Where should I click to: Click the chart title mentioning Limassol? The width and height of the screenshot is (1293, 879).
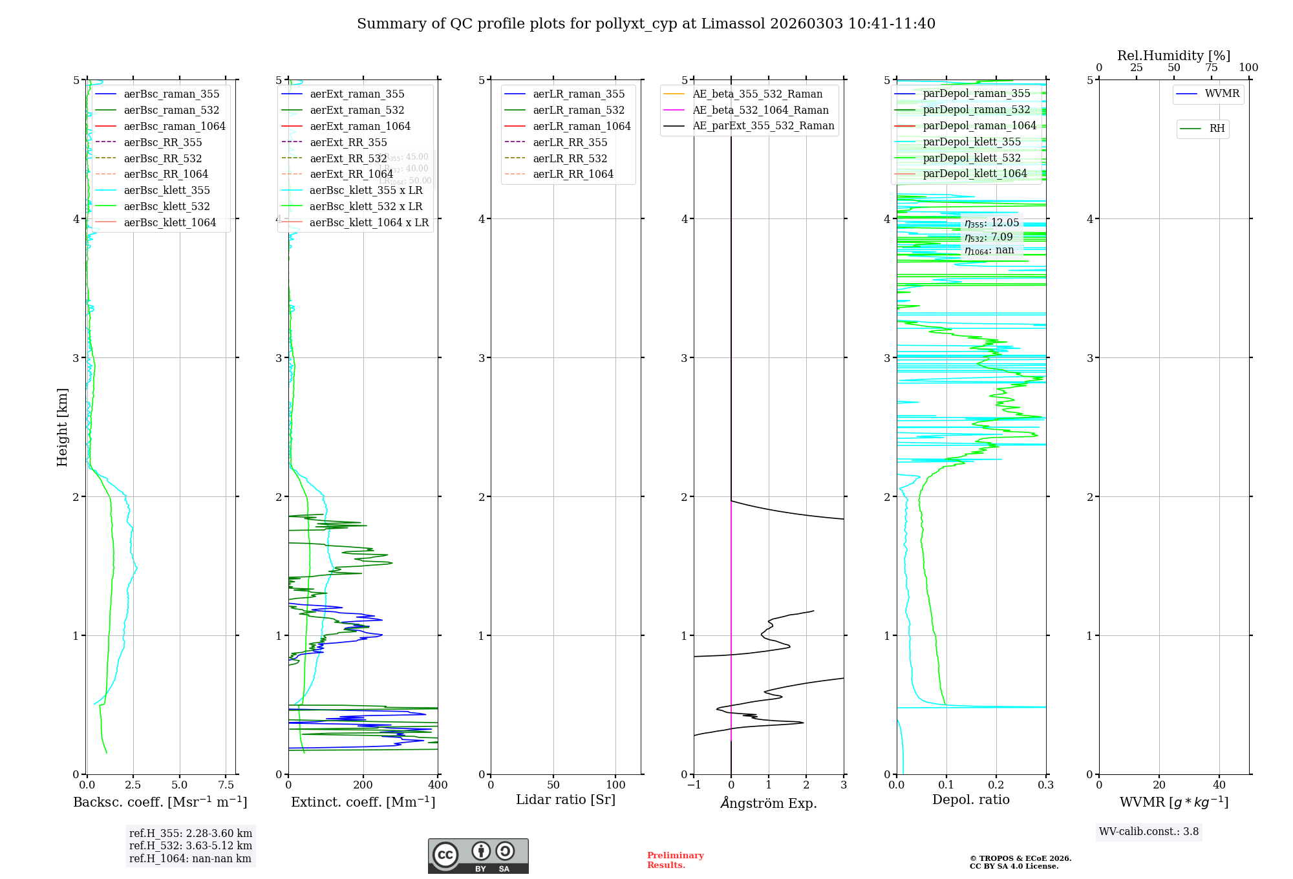pyautogui.click(x=646, y=24)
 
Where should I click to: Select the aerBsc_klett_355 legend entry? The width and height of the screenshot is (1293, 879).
pyautogui.click(x=167, y=191)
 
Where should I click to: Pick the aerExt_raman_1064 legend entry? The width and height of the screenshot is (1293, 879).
pyautogui.click(x=360, y=127)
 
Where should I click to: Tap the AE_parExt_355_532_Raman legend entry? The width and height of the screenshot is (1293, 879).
pyautogui.click(x=763, y=126)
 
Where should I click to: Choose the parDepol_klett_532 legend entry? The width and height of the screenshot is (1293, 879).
pyautogui.click(x=972, y=158)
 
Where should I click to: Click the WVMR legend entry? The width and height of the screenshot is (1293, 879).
pyautogui.click(x=1221, y=94)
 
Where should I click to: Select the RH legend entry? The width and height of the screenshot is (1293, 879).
pyautogui.click(x=1217, y=129)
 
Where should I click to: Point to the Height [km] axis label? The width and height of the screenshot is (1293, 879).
pyautogui.click(x=62, y=427)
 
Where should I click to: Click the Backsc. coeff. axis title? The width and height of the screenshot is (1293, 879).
pyautogui.click(x=160, y=802)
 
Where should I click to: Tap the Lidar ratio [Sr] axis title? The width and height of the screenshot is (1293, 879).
pyautogui.click(x=566, y=800)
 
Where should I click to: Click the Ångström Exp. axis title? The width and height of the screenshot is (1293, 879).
pyautogui.click(x=769, y=803)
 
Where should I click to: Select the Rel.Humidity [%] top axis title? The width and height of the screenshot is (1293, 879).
pyautogui.click(x=1173, y=56)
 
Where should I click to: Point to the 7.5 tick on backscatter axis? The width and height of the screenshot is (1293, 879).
pyautogui.click(x=226, y=785)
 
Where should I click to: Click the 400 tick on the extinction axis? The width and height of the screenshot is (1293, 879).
pyautogui.click(x=438, y=785)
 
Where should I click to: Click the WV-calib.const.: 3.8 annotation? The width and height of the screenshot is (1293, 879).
pyautogui.click(x=1149, y=832)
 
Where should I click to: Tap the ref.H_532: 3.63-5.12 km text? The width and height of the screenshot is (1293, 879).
pyautogui.click(x=191, y=846)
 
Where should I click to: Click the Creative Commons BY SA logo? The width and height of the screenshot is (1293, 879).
pyautogui.click(x=478, y=856)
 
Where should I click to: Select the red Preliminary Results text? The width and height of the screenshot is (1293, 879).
pyautogui.click(x=675, y=860)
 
